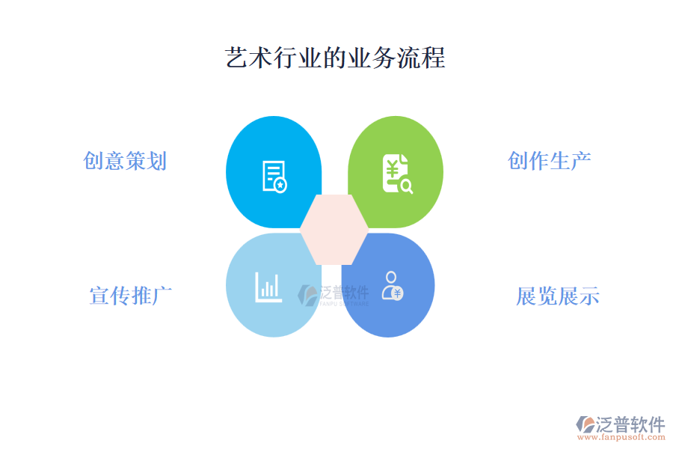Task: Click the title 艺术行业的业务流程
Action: click(336, 58)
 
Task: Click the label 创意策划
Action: click(125, 161)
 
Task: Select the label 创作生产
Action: click(550, 160)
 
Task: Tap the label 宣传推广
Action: click(131, 296)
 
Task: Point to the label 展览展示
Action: click(558, 296)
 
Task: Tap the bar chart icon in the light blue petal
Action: click(268, 287)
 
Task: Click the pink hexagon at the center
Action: click(334, 229)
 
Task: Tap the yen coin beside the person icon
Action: click(398, 293)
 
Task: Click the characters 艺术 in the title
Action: click(248, 58)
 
